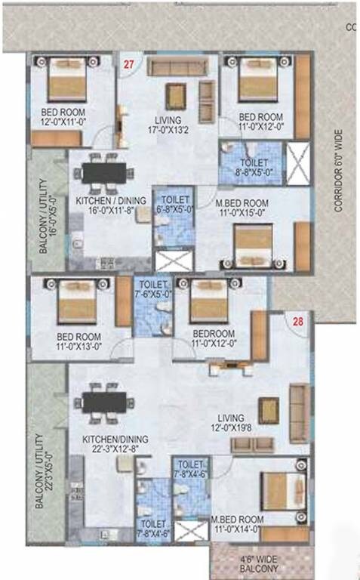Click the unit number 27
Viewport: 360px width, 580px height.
(x=128, y=65)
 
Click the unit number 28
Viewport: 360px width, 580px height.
(x=298, y=322)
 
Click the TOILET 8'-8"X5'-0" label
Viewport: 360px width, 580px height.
(x=250, y=167)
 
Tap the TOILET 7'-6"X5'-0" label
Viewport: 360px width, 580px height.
(x=153, y=291)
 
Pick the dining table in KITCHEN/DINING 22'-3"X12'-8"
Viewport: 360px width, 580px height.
(x=105, y=402)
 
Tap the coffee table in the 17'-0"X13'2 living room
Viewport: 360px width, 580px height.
(x=176, y=95)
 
